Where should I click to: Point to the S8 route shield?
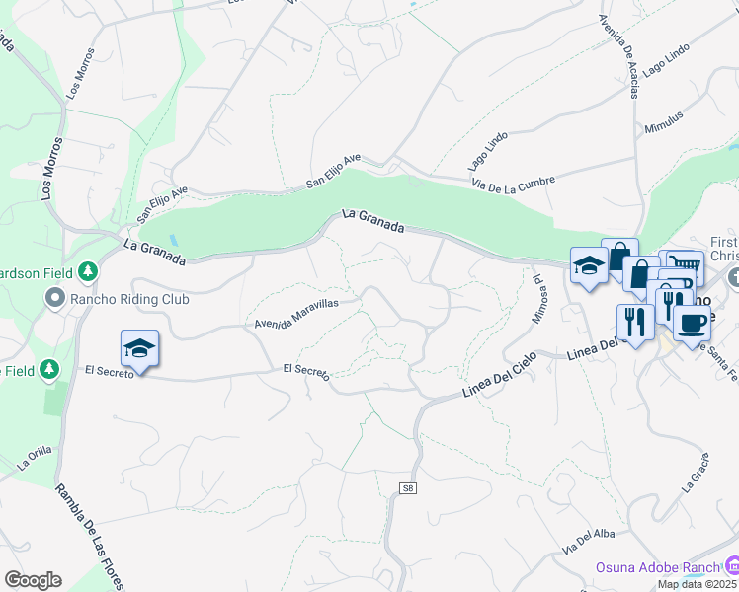[406, 488]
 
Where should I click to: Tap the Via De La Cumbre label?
[513, 184]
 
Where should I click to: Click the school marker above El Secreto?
[139, 348]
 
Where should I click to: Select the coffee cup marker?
[693, 323]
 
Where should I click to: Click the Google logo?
[32, 580]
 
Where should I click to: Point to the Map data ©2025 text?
[698, 584]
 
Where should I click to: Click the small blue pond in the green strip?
[174, 240]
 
